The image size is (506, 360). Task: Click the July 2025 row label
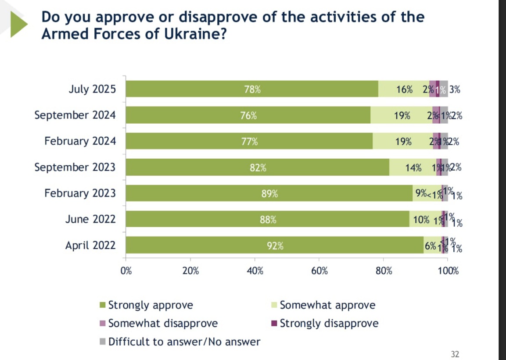(93, 89)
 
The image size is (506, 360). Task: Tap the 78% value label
(252, 89)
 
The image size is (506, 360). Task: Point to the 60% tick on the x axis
(319, 271)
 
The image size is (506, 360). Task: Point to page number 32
(455, 354)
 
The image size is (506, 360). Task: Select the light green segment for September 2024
(401, 115)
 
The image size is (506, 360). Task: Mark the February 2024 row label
(80, 141)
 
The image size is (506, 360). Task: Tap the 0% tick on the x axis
(126, 271)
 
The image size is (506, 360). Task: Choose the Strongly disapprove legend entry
(329, 324)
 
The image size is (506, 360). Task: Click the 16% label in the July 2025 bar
(404, 89)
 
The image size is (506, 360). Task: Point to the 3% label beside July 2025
(455, 89)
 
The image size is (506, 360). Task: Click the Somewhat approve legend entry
(327, 305)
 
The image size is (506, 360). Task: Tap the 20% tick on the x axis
(191, 271)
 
